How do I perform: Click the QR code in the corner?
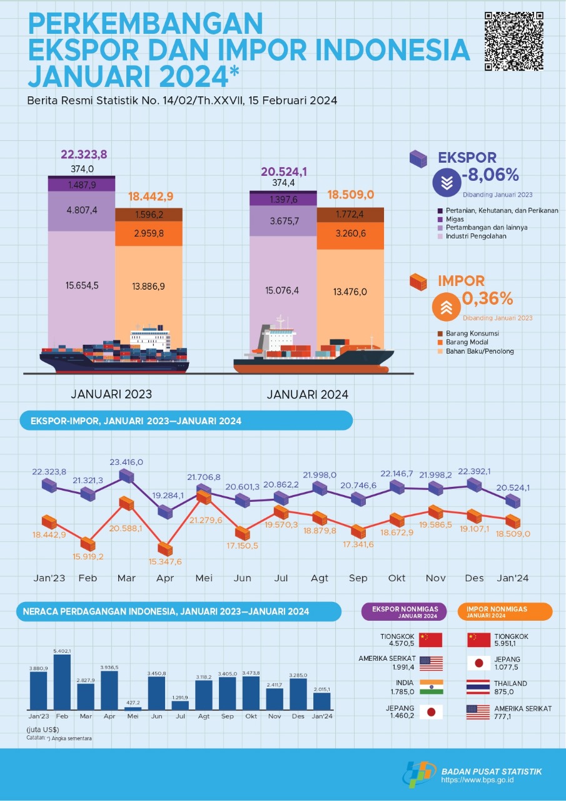coord(513,41)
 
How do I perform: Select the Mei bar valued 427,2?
coord(133,708)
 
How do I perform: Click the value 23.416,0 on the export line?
coord(126,462)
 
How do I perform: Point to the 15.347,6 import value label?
coord(165,561)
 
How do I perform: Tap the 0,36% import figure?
coord(487,299)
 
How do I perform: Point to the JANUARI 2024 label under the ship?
coord(307,395)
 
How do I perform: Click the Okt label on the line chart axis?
coord(397,578)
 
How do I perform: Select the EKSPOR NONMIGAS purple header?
coord(404,611)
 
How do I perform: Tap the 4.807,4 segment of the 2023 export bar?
coord(82,210)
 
